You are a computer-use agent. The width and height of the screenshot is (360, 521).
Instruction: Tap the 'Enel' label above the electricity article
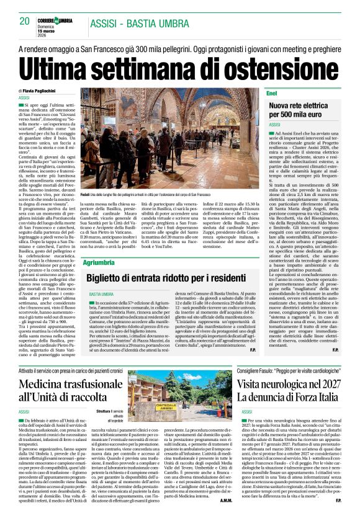point(272,92)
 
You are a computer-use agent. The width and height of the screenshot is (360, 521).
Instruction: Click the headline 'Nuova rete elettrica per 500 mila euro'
point(305,109)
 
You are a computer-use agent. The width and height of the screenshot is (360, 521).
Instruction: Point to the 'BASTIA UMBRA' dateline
point(102,293)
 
